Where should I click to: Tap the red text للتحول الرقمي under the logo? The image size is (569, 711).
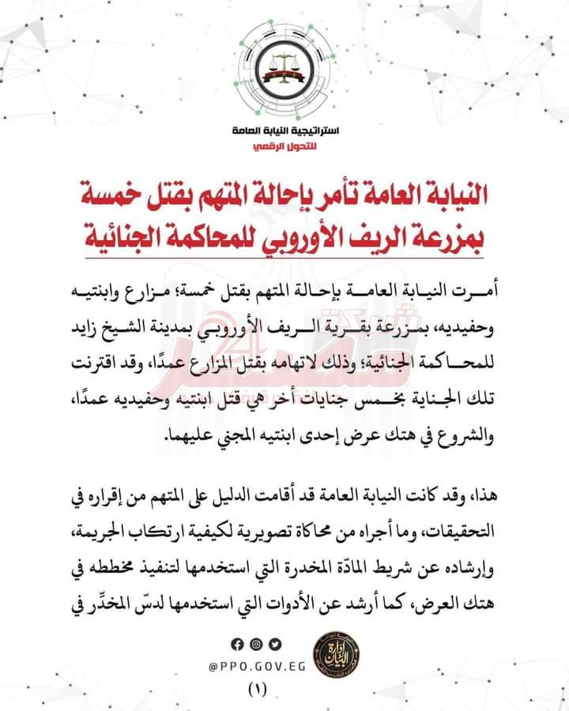pyautogui.click(x=284, y=147)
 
